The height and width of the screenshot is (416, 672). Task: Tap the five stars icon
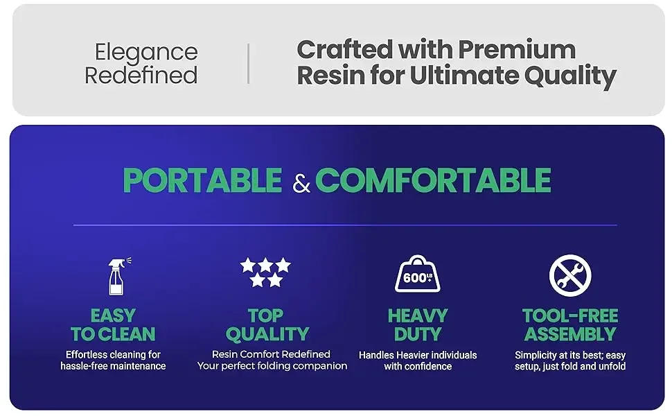(265, 272)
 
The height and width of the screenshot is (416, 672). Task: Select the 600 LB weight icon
(417, 274)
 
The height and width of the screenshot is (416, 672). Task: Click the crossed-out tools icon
(569, 275)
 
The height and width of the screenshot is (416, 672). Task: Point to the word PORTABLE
(202, 181)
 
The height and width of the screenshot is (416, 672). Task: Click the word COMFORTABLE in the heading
(433, 181)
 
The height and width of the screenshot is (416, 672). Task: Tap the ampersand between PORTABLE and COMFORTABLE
(301, 184)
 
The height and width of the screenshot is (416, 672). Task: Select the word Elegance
(146, 52)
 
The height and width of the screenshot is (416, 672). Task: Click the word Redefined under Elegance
(141, 75)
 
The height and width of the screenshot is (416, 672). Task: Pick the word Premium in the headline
(517, 49)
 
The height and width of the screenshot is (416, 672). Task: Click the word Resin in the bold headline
(330, 76)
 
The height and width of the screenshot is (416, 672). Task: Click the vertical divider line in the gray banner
(248, 63)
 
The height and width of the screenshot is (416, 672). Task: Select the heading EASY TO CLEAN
(113, 324)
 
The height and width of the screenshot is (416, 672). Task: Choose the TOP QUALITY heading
(266, 324)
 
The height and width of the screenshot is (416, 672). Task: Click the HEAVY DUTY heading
(417, 324)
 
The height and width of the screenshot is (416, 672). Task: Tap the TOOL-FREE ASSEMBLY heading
(569, 324)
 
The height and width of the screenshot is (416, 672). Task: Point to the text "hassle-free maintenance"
(113, 366)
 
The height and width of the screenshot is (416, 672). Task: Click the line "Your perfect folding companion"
(272, 365)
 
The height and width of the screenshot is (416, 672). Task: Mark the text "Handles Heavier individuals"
(418, 355)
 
